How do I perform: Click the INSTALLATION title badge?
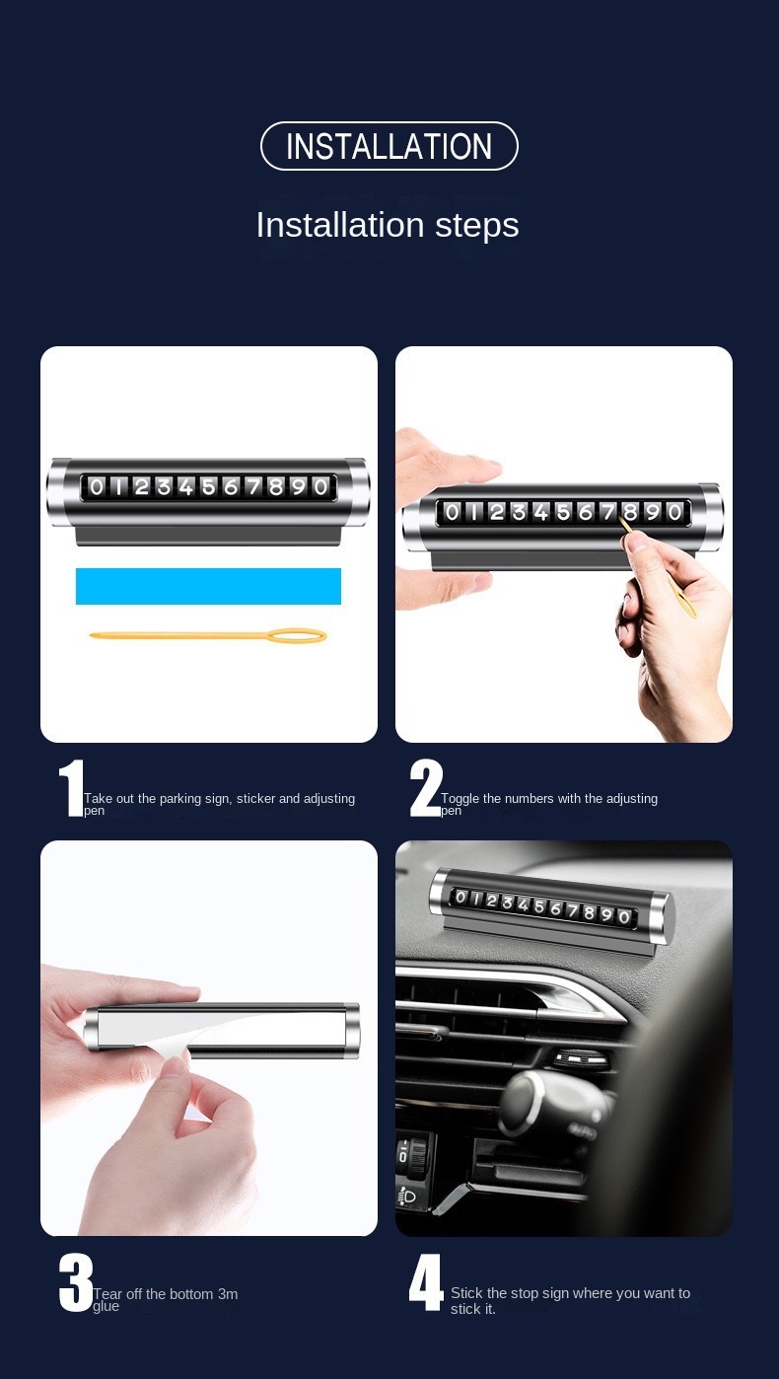389,146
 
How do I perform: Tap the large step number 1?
70,789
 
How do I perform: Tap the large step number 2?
426,789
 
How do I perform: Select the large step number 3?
75,1283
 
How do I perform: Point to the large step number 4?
426,1283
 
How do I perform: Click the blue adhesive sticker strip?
208,586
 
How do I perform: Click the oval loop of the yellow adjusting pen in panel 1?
295,636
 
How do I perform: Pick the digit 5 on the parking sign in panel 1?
209,486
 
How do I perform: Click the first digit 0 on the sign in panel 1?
97,486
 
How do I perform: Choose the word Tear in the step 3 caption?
107,1294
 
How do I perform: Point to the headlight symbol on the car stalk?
406,1197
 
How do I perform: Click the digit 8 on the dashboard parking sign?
589,912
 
